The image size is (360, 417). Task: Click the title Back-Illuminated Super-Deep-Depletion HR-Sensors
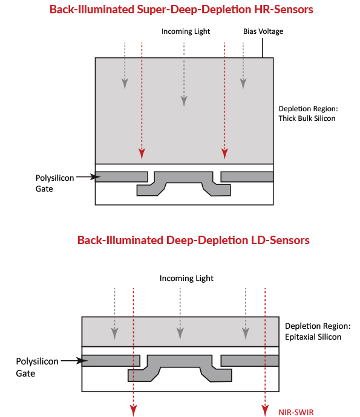pyautogui.click(x=182, y=9)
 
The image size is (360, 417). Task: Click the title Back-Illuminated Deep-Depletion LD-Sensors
pyautogui.click(x=194, y=240)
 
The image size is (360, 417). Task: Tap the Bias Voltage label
pyautogui.click(x=263, y=31)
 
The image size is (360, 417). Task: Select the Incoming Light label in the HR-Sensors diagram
pyautogui.click(x=186, y=31)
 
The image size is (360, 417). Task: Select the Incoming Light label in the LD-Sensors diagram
pyautogui.click(x=186, y=278)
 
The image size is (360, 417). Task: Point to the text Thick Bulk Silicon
pyautogui.click(x=307, y=118)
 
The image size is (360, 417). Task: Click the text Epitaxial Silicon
pyautogui.click(x=313, y=337)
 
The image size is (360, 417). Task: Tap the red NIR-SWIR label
pyautogui.click(x=296, y=412)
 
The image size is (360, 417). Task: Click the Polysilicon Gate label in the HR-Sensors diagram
pyautogui.click(x=54, y=183)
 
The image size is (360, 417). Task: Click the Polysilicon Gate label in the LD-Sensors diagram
pyautogui.click(x=37, y=367)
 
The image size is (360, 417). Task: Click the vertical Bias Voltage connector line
pyautogui.click(x=262, y=48)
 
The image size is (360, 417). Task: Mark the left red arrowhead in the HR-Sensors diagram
pyautogui.click(x=142, y=154)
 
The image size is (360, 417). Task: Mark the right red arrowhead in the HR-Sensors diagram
pyautogui.click(x=224, y=154)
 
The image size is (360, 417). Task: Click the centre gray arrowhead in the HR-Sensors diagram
pyautogui.click(x=184, y=102)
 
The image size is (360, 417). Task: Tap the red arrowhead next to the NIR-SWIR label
pyautogui.click(x=265, y=410)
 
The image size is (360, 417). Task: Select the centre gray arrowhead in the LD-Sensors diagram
pyautogui.click(x=180, y=334)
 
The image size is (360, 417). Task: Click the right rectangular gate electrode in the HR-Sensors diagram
pyautogui.click(x=247, y=177)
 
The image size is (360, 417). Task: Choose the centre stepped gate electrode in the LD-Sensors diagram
pyautogui.click(x=180, y=361)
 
